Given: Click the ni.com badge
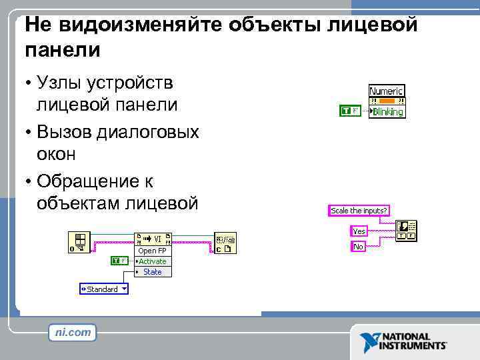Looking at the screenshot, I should point(72,332).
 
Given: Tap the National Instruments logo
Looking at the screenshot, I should point(404,341).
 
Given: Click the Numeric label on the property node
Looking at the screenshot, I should point(387,90).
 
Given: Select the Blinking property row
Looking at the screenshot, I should point(387,111).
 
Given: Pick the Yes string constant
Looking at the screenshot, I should point(359,231).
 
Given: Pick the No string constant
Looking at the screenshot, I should point(358,247).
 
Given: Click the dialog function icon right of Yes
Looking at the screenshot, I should point(407,231).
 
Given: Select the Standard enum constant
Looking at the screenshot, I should point(103,289).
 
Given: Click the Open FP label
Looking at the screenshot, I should point(152,251).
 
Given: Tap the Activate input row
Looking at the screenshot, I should point(153,261).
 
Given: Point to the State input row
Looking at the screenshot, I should point(153,272).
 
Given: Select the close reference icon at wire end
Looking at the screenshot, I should point(225,243).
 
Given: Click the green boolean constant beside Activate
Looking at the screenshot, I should point(119,261).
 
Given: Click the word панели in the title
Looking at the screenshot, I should point(63,49).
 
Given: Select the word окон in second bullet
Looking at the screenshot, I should point(57,153).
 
